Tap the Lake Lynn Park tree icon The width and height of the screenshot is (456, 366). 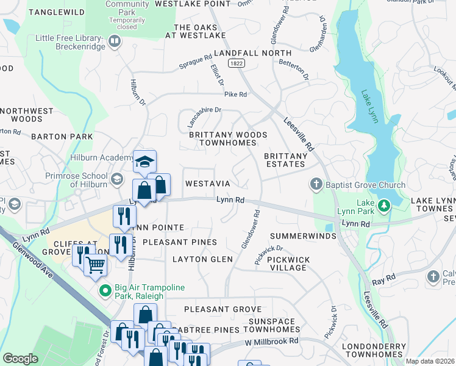(x=383, y=206)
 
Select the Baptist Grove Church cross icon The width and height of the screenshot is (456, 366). (x=316, y=184)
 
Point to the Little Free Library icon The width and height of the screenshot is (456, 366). (x=114, y=41)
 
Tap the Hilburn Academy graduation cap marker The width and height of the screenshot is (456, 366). (x=144, y=162)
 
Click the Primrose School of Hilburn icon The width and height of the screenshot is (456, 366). (x=116, y=179)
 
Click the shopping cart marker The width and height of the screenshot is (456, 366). (x=95, y=265)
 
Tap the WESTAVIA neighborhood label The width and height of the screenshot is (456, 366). (x=207, y=184)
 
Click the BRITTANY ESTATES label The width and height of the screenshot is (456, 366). (x=285, y=160)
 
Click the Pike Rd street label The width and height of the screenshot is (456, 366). (x=235, y=95)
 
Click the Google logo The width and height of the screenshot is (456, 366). (x=21, y=358)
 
